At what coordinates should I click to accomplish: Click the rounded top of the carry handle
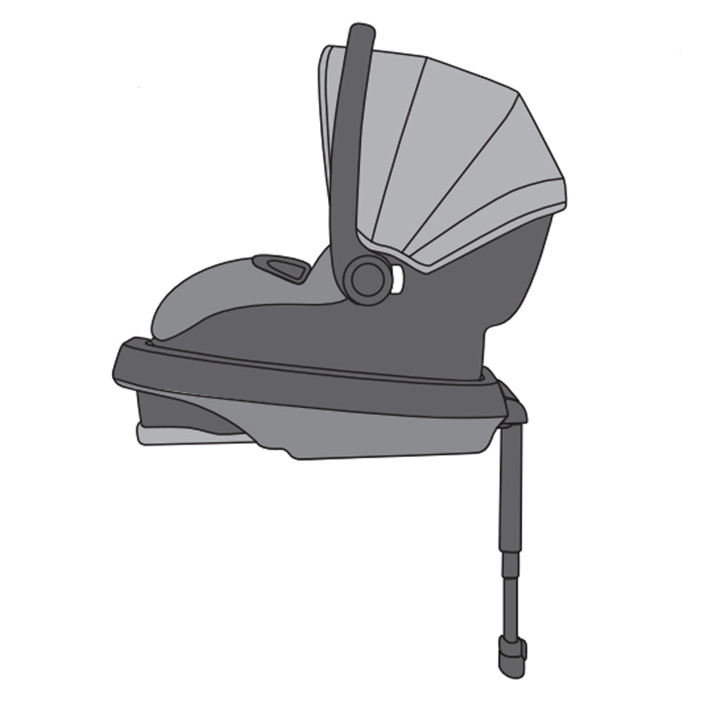coord(361,33)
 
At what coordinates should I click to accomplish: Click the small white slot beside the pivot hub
coord(397,279)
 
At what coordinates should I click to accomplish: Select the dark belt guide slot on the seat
coord(282,266)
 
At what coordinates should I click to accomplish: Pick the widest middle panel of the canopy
coord(450,145)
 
